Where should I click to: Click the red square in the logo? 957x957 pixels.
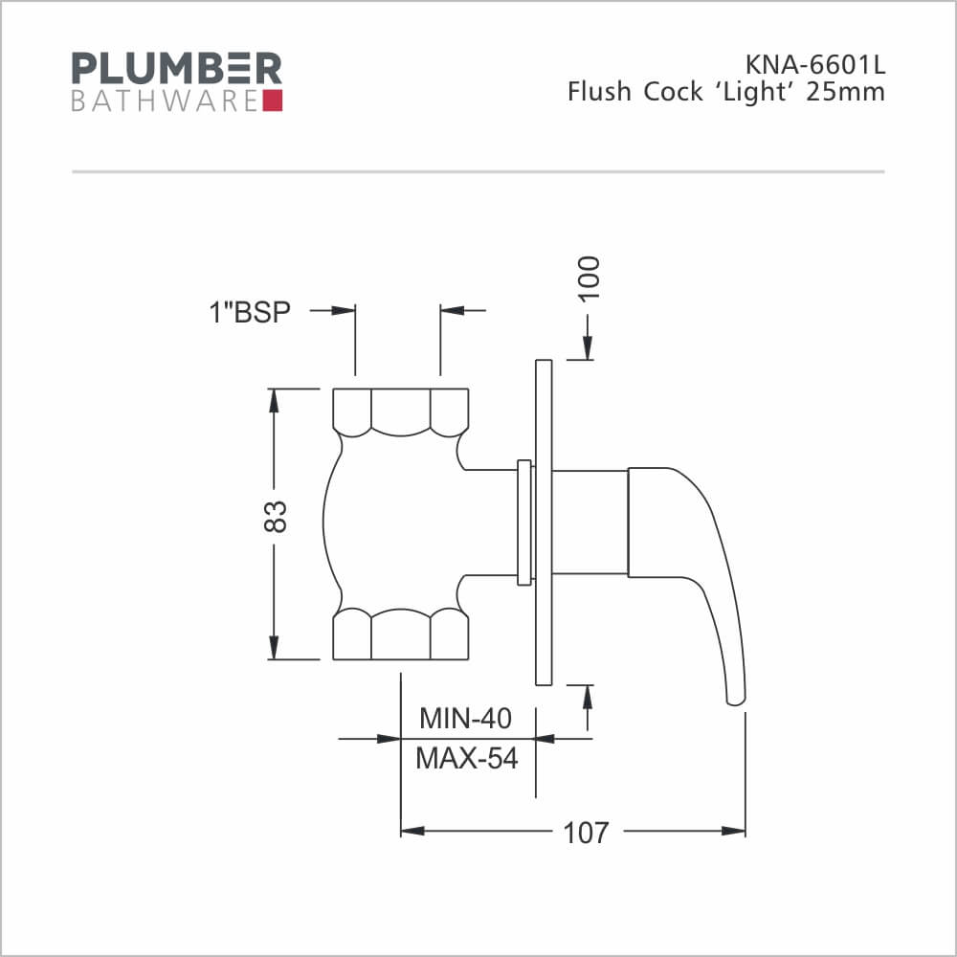tap(272, 100)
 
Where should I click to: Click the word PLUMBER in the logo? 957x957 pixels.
tap(177, 69)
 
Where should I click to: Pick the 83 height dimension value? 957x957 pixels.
tap(275, 518)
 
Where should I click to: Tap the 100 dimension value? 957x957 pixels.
tap(587, 278)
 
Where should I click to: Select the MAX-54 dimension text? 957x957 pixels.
tap(466, 758)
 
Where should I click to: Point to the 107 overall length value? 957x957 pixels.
tap(585, 832)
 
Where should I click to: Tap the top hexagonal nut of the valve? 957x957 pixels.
tap(401, 412)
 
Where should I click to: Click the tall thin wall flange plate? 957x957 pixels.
tap(543, 523)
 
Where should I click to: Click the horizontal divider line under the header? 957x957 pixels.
tap(478, 172)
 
